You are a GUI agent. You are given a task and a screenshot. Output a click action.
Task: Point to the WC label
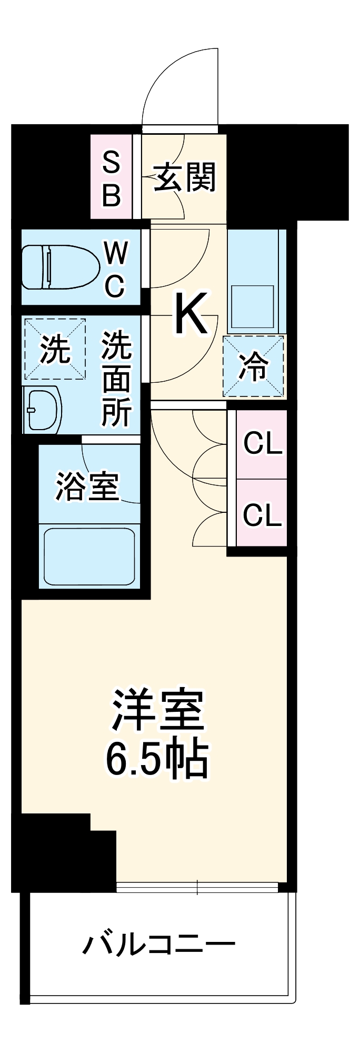[115, 270]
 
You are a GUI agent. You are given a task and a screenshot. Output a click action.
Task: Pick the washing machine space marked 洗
[55, 349]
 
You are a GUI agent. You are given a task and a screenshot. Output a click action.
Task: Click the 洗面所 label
[117, 378]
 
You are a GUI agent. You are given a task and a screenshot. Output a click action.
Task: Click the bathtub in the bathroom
[89, 557]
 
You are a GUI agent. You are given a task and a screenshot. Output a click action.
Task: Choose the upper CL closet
[262, 444]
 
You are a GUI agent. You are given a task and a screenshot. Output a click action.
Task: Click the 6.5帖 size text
[157, 760]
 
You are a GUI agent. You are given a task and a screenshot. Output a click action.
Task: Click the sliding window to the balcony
[197, 888]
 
